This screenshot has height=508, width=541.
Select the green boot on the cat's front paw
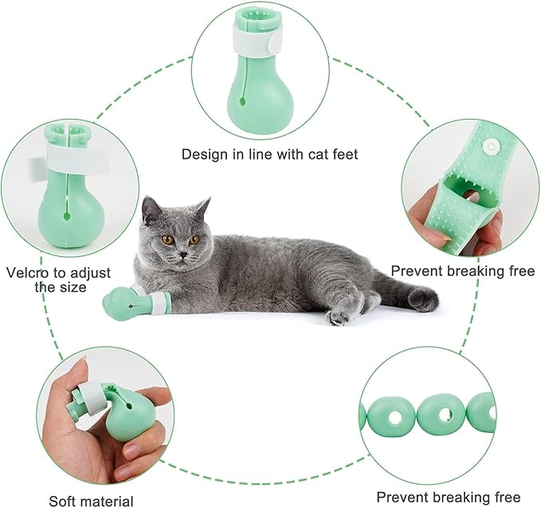coord(123,301)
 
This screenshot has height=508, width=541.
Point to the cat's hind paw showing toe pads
coord(338,317)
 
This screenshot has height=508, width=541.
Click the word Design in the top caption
coord(204,153)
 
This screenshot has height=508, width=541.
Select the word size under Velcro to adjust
coord(70,286)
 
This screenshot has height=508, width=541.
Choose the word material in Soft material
coord(108,501)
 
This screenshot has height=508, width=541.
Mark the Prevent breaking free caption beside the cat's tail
coord(462,271)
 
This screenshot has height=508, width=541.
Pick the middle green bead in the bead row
coord(441,414)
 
